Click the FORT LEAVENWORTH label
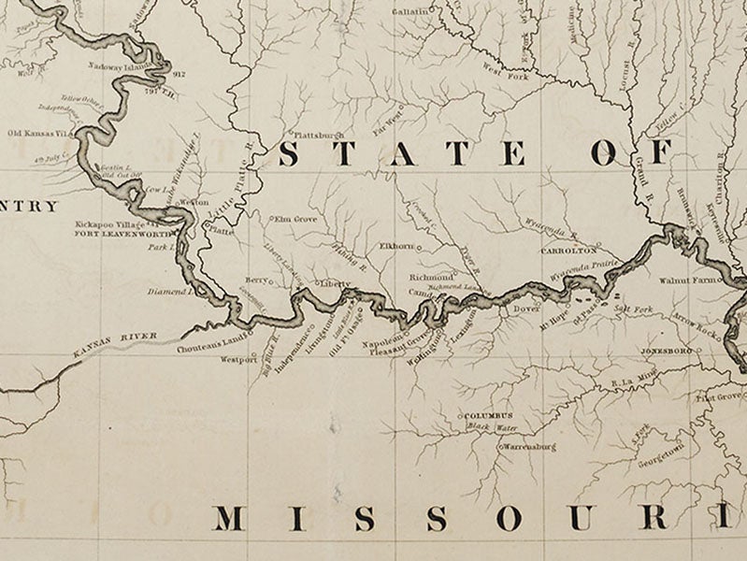click(x=124, y=235)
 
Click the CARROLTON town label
click(x=567, y=252)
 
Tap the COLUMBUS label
click(x=486, y=415)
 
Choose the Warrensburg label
click(x=531, y=447)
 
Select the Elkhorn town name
click(x=395, y=246)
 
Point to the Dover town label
click(x=527, y=307)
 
